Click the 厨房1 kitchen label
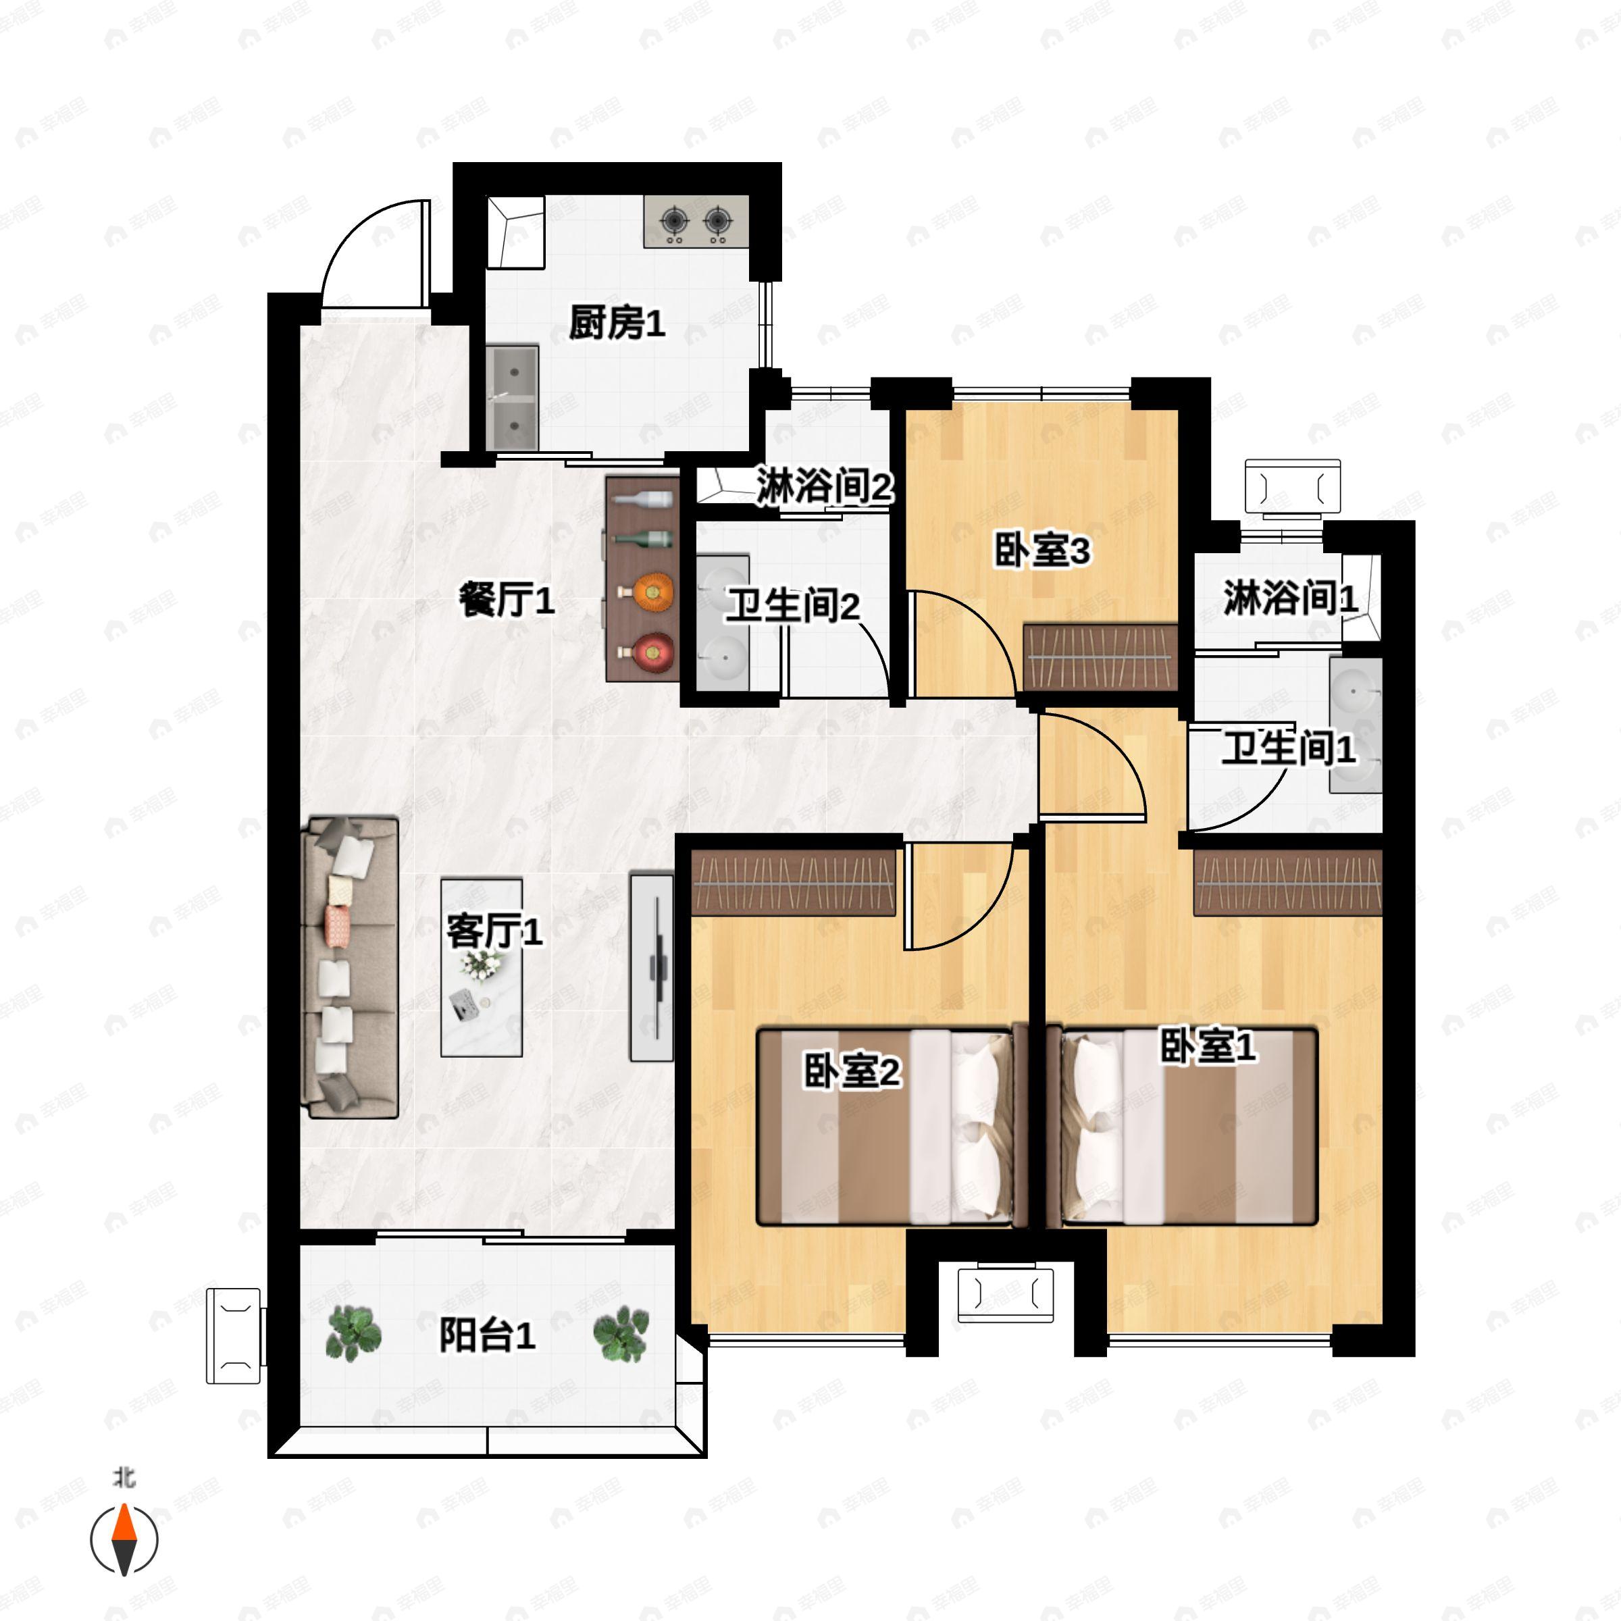point(617,323)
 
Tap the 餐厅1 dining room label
point(506,600)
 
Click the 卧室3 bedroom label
point(1041,551)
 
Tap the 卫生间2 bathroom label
point(792,606)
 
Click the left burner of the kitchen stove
point(675,222)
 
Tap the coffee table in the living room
point(482,967)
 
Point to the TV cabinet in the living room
point(652,967)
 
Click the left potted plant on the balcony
point(353,1333)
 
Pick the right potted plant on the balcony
point(621,1333)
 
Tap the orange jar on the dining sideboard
point(654,592)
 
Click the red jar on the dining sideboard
point(654,652)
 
